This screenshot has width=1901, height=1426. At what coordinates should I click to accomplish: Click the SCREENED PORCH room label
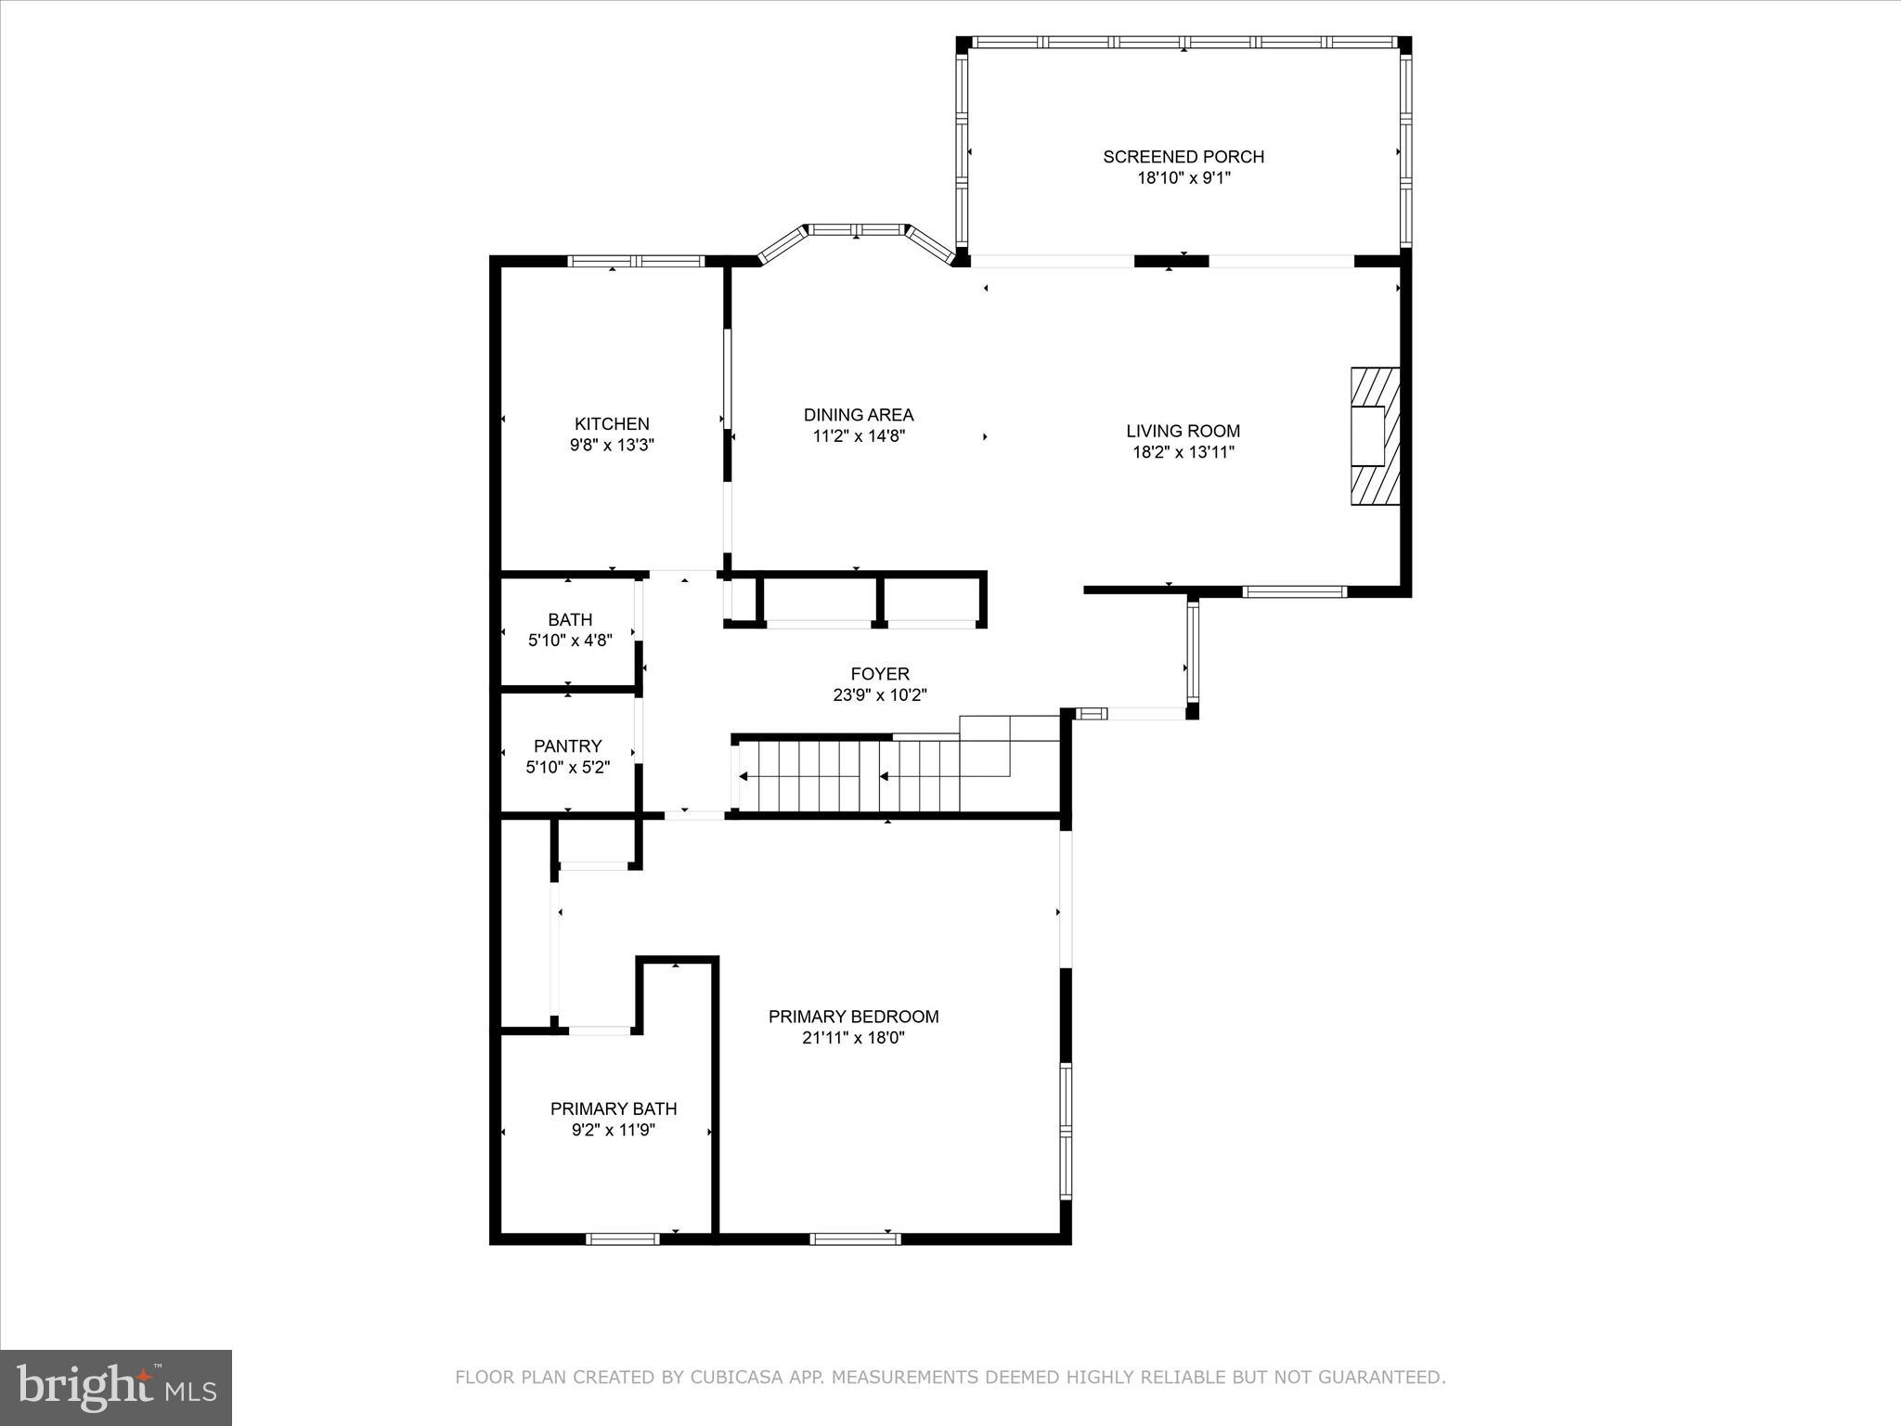(x=1183, y=157)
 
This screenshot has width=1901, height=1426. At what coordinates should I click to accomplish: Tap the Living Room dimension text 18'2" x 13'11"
(x=1183, y=453)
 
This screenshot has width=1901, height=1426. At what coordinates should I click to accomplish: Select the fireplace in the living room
(x=1375, y=436)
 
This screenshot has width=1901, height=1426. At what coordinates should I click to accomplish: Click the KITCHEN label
(x=612, y=424)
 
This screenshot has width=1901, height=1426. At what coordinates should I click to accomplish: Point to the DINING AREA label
(x=859, y=415)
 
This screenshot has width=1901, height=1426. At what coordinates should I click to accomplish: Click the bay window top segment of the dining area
(x=855, y=229)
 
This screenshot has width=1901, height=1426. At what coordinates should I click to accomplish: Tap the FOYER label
(x=880, y=674)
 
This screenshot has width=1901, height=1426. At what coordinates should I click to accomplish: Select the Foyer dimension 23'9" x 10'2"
(x=880, y=695)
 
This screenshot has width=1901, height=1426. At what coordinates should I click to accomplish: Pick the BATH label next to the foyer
(x=570, y=619)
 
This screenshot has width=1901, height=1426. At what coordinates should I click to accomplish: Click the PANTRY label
(x=567, y=746)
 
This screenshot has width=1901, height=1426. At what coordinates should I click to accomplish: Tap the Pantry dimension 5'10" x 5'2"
(x=567, y=768)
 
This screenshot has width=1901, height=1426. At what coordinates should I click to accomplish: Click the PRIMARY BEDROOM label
(x=853, y=1017)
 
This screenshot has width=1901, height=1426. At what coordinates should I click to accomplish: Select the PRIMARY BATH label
(x=614, y=1108)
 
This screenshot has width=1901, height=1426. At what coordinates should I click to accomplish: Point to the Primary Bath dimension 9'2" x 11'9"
(x=614, y=1131)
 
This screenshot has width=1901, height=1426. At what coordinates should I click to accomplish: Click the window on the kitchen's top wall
(x=636, y=261)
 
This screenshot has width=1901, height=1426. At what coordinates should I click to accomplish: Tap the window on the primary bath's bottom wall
(x=622, y=1238)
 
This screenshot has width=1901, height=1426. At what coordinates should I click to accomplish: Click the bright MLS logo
(x=116, y=1387)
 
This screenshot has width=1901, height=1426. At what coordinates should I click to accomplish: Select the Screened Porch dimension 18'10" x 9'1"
(x=1183, y=178)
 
